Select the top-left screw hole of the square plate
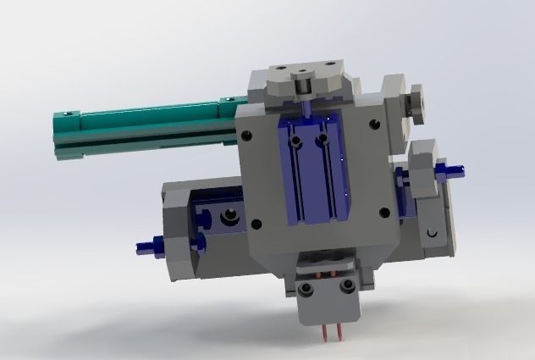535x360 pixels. pyautogui.click(x=246, y=135)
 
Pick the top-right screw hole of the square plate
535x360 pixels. pyautogui.click(x=373, y=124)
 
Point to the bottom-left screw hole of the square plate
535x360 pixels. pyautogui.click(x=257, y=224)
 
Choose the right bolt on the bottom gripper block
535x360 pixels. pyautogui.click(x=346, y=287)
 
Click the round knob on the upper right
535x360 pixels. pyautogui.click(x=414, y=102)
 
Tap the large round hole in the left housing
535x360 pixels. pyautogui.click(x=229, y=218)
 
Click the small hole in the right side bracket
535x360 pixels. pyautogui.click(x=432, y=231)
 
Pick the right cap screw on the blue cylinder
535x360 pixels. pyautogui.click(x=323, y=136)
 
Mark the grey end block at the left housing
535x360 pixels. pyautogui.click(x=180, y=233)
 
